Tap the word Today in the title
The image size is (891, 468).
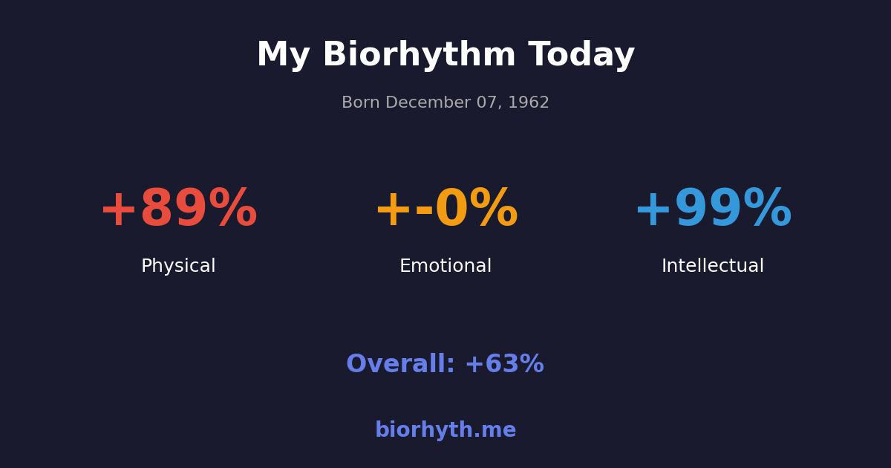tap(581, 56)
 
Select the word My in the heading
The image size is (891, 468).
tap(283, 56)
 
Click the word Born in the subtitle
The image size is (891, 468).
tap(360, 103)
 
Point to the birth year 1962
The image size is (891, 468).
tap(529, 103)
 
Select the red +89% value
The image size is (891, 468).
tap(178, 210)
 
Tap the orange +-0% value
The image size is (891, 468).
tap(446, 210)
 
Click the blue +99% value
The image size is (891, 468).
tap(713, 210)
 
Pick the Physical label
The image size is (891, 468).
tap(178, 267)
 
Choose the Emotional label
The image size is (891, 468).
tap(446, 267)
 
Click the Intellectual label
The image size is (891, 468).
tap(713, 267)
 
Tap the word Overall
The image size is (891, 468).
tap(400, 365)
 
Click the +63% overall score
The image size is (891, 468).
tap(504, 365)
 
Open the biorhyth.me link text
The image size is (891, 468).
tap(446, 431)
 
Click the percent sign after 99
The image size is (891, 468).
tap(767, 210)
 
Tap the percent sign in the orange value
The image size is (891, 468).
tap(493, 210)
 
